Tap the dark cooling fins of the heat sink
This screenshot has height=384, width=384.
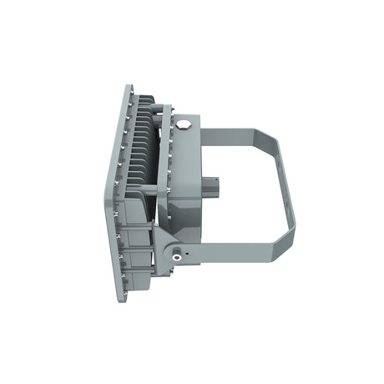[x=146, y=146]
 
